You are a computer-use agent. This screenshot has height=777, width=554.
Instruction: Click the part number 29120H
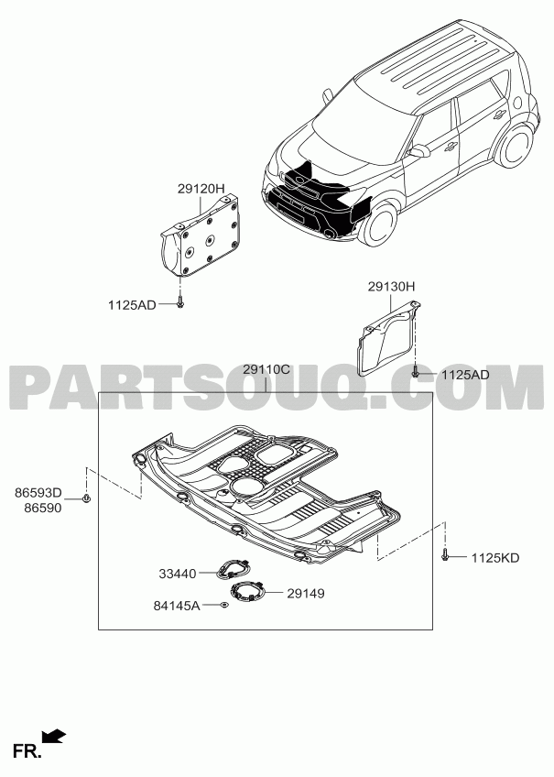pyautogui.click(x=201, y=189)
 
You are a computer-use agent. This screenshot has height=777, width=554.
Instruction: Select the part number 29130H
pyautogui.click(x=391, y=287)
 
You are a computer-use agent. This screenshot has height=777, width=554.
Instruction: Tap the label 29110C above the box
pyautogui.click(x=266, y=369)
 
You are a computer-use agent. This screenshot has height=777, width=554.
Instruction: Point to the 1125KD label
pyautogui.click(x=495, y=558)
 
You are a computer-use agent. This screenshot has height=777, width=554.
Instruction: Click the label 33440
pyautogui.click(x=178, y=574)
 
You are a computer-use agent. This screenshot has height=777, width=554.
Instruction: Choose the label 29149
pyautogui.click(x=306, y=593)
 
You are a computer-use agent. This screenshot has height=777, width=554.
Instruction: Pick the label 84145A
pyautogui.click(x=177, y=606)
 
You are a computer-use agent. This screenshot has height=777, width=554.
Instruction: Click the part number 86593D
pyautogui.click(x=38, y=493)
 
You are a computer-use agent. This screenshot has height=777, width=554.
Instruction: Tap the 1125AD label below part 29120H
pyautogui.click(x=132, y=305)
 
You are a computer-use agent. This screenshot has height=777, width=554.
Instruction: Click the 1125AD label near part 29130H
pyautogui.click(x=465, y=375)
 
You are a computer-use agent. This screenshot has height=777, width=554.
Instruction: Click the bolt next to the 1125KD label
pyautogui.click(x=445, y=555)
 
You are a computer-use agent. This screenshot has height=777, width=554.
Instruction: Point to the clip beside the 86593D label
pyautogui.click(x=86, y=498)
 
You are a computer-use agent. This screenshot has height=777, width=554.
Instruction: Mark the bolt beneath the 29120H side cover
pyautogui.click(x=179, y=302)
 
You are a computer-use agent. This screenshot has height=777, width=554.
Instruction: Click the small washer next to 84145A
pyautogui.click(x=224, y=605)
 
